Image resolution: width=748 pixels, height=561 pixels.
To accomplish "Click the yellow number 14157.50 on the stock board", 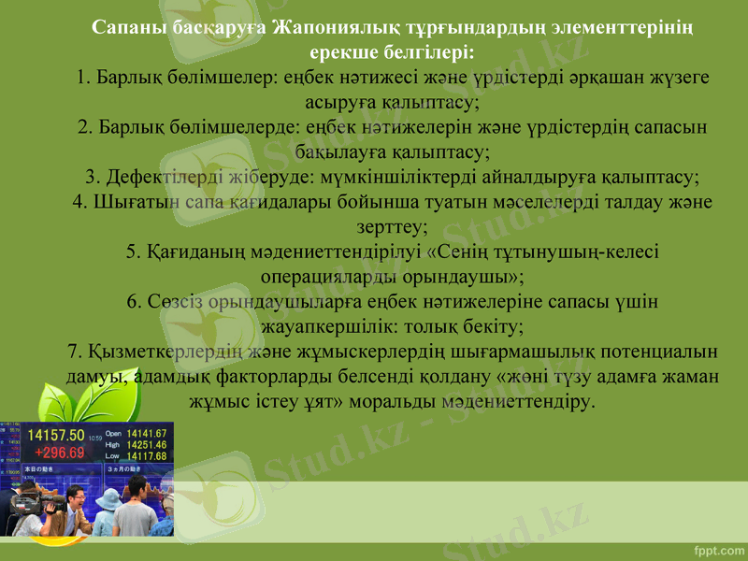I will point(57,436).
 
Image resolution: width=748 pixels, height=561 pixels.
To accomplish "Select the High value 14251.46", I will point(148,445).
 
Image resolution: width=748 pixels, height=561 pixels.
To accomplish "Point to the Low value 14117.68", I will point(148,456).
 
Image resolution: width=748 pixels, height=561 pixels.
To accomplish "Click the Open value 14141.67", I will point(148,434).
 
